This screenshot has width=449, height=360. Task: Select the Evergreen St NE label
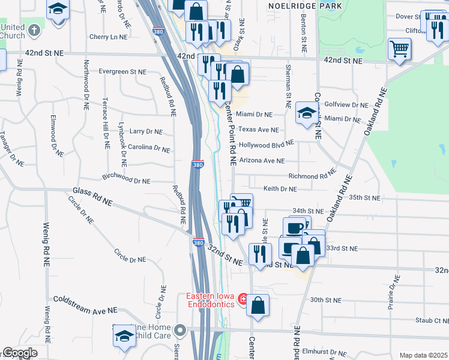122,71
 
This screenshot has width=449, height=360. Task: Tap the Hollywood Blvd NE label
266,145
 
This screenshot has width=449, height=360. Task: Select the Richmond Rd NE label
312,176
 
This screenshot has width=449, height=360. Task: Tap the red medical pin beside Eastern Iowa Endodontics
243,298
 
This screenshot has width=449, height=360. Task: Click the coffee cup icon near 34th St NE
294,228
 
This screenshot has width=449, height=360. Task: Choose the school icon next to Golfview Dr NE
307,112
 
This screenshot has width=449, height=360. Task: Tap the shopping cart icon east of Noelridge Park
399,48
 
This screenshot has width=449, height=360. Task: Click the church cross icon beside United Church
34,29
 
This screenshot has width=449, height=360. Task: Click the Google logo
20,353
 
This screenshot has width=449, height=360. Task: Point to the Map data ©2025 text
423,355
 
